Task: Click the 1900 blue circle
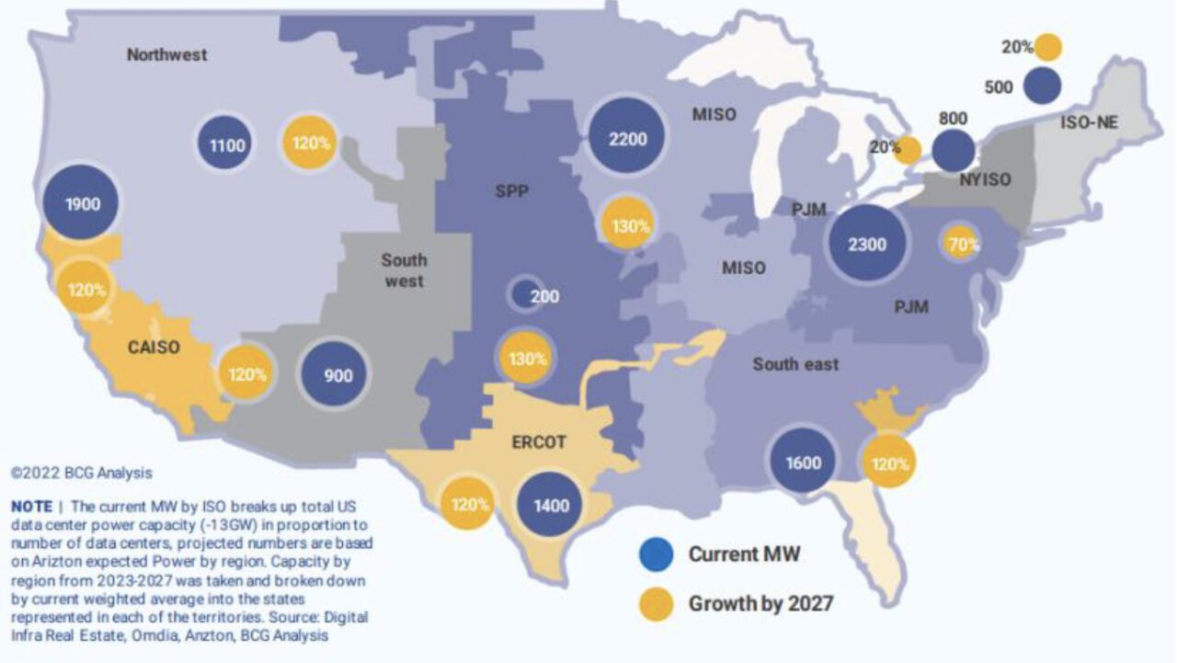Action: (x=82, y=203)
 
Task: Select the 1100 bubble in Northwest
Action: (x=226, y=143)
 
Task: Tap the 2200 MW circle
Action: (x=628, y=139)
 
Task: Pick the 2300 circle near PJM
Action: (x=867, y=245)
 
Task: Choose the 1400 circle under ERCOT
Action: (x=551, y=505)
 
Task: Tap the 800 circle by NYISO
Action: (x=953, y=151)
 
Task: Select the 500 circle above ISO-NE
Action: (x=1042, y=86)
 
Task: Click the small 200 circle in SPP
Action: (x=525, y=294)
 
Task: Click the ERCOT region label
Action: (x=538, y=442)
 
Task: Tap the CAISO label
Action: (x=154, y=348)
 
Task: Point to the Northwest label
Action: (x=166, y=54)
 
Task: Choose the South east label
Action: (x=795, y=364)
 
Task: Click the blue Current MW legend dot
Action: (x=656, y=554)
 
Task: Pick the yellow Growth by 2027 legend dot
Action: (x=656, y=604)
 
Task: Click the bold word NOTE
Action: (x=30, y=507)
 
